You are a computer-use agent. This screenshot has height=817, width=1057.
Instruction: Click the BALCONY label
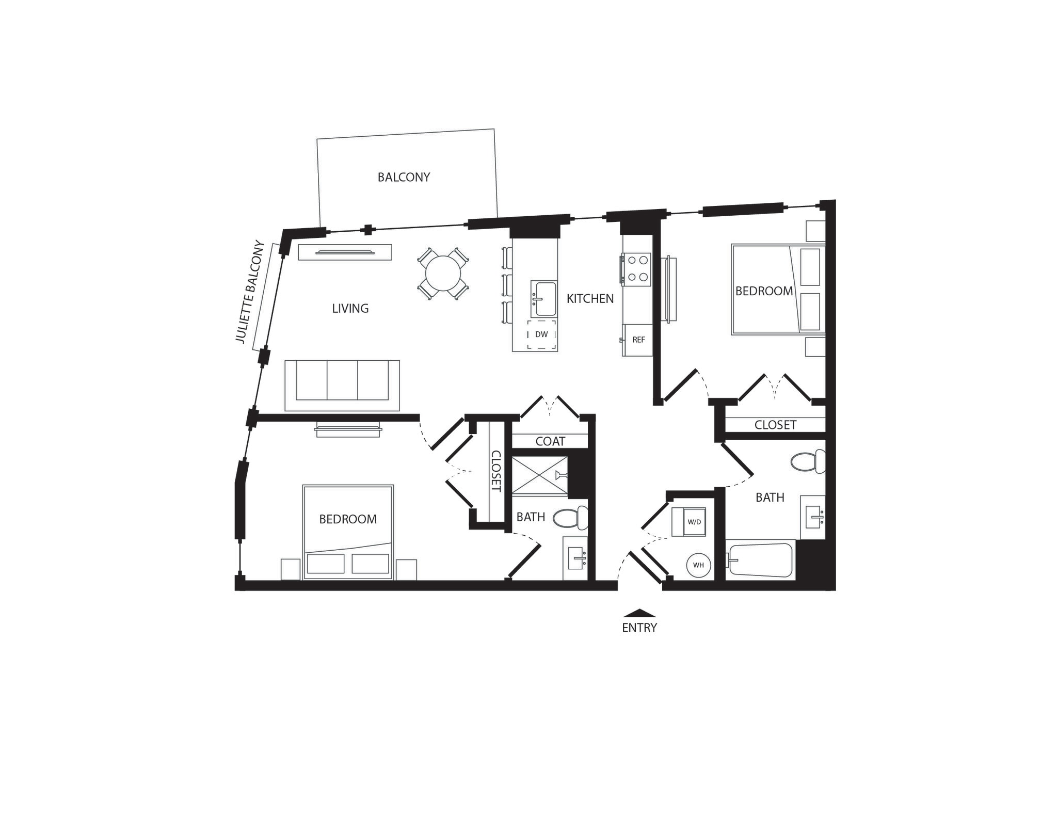404,177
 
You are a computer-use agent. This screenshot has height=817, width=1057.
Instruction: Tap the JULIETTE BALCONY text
250,292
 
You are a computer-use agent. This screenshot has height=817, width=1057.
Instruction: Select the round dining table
443,274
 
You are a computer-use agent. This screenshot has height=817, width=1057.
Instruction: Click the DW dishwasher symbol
541,334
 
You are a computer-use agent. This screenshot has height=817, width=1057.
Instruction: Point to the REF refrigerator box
638,340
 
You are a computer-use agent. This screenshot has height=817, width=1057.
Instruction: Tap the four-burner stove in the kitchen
637,269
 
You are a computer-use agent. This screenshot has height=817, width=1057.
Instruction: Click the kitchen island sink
544,299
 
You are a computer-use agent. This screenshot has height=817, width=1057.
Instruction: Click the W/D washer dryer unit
694,522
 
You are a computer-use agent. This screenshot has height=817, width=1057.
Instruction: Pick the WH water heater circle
698,565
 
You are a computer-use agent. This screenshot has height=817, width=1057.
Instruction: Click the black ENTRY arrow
639,613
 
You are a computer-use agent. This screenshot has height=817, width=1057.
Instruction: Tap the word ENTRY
639,628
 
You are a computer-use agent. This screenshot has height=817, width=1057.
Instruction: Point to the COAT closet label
550,441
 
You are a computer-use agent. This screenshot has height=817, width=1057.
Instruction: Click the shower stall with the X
539,475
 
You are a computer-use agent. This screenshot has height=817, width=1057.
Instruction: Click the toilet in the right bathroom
807,462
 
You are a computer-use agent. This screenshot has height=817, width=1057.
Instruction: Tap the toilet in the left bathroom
570,518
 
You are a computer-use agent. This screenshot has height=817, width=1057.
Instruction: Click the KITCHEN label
590,298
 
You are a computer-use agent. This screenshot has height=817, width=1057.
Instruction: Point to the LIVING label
350,308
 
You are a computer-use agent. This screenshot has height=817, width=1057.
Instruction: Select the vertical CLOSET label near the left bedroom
495,471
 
